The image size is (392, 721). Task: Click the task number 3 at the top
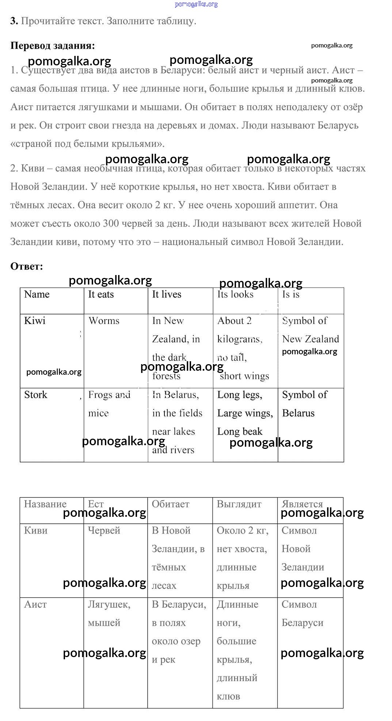pos(14,21)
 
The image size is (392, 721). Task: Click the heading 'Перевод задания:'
pos(52,46)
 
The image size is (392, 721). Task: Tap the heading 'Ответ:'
pos(26,266)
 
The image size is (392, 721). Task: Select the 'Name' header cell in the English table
pos(37,294)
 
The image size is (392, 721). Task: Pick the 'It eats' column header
pos(101,294)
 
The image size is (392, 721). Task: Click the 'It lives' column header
pos(167,294)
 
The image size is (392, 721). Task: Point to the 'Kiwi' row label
pos(35,321)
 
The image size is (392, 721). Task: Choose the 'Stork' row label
pos(35,395)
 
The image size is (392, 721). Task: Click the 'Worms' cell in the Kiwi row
pos(104,321)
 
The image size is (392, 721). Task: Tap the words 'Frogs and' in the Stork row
pos(109,395)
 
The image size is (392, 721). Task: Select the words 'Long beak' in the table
pos(240,432)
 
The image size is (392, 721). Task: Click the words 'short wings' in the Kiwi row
pos(244,376)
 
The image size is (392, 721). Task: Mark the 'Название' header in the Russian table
pos(45,504)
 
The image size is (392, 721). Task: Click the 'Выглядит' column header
pos(239,504)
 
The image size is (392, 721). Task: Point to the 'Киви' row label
pos(35,530)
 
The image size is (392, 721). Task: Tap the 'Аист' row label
pos(35,604)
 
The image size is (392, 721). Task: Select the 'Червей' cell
pos(104,530)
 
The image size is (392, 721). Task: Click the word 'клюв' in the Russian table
pos(228,697)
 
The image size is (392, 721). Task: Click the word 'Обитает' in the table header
pos(171,504)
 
